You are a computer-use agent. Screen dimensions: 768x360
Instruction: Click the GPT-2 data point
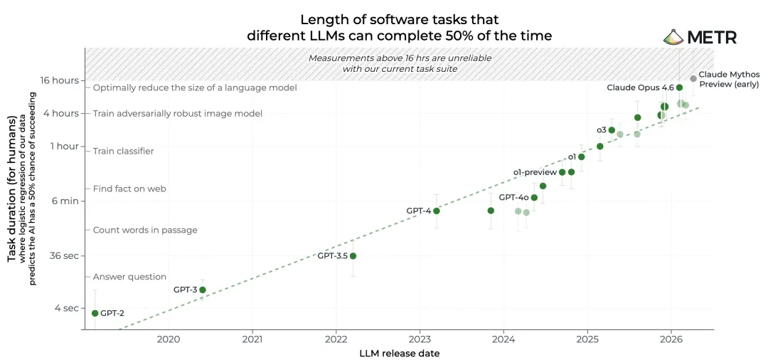95,313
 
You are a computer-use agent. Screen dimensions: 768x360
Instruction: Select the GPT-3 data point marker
202,290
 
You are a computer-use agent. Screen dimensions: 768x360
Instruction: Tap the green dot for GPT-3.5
353,255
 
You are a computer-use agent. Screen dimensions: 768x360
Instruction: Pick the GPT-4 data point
437,211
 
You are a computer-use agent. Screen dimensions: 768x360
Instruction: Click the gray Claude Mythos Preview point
693,78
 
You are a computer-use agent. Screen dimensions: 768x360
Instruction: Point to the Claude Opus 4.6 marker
679,88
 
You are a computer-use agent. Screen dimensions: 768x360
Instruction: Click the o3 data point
612,129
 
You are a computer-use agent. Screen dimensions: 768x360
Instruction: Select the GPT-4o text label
513,197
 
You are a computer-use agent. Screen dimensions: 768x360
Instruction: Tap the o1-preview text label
535,172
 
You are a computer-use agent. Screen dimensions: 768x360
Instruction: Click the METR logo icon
674,37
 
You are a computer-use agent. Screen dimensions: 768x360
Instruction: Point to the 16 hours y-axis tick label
60,80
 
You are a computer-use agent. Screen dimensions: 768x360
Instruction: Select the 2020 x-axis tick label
168,339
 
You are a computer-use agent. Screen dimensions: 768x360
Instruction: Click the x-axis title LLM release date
399,353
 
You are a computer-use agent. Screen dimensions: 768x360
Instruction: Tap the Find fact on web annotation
130,189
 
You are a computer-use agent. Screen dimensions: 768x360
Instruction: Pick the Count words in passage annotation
145,230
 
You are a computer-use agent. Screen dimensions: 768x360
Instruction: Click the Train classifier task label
124,151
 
